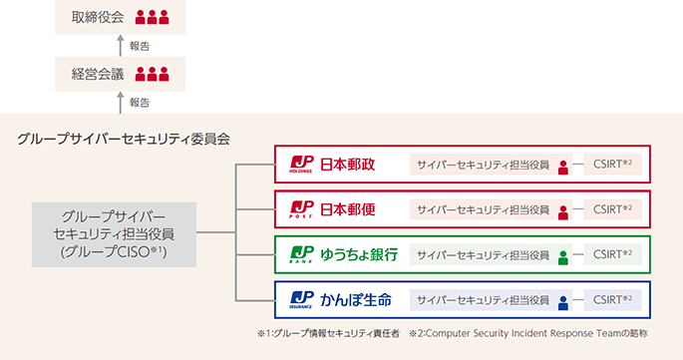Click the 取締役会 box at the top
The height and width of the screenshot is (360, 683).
point(121,17)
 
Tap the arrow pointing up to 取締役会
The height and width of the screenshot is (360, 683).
point(121,45)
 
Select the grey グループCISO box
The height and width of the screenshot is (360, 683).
point(113,235)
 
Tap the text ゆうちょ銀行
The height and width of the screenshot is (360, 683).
point(359,254)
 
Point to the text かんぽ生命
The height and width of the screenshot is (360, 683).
point(356,299)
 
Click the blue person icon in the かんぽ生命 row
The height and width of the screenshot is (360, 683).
point(563,300)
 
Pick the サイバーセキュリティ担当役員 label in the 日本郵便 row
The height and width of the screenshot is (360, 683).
point(483,209)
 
